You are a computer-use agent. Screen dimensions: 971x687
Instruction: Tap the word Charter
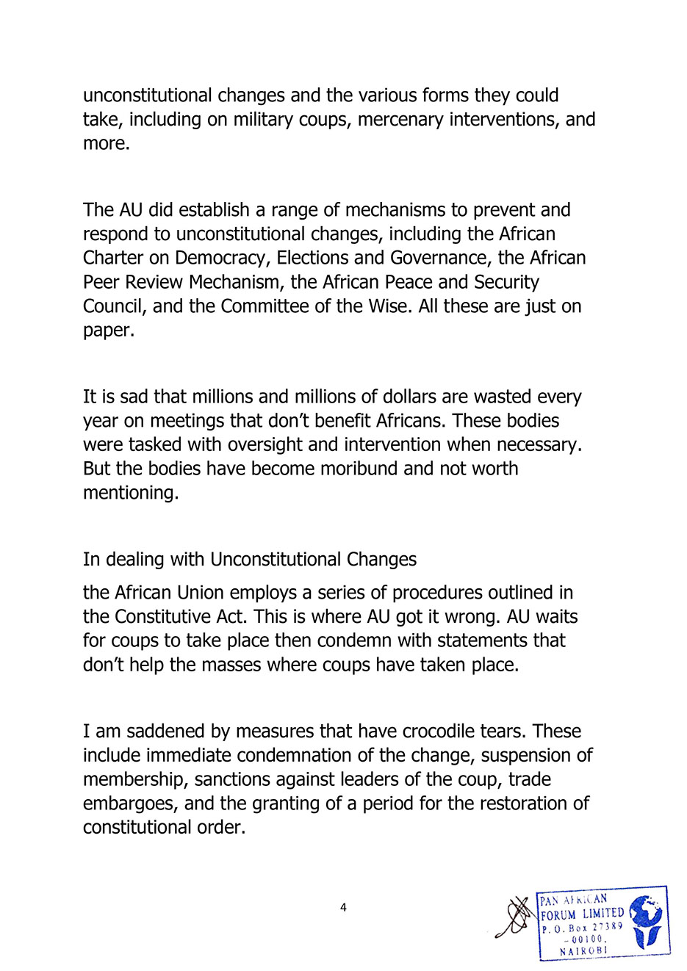point(112,258)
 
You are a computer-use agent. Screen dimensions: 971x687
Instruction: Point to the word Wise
point(389,306)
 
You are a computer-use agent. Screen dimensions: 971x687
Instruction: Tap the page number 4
point(343,908)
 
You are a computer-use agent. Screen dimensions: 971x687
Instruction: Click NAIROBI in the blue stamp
point(583,950)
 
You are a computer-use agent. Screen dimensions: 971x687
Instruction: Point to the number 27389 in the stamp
point(608,927)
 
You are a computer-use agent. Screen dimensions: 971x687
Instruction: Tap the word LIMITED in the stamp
point(603,914)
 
